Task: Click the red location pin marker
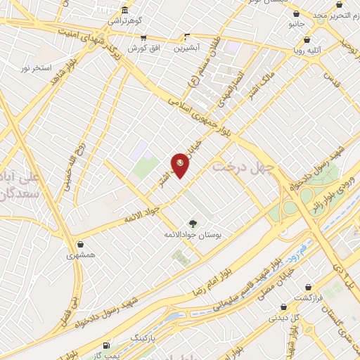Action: tap(180, 165)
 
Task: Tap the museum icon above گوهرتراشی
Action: tap(124, 10)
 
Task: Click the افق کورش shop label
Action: tap(143, 48)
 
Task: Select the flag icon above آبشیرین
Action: tap(187, 36)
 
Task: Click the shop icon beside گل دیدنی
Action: tap(283, 307)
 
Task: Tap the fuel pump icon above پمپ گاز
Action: tap(106, 345)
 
